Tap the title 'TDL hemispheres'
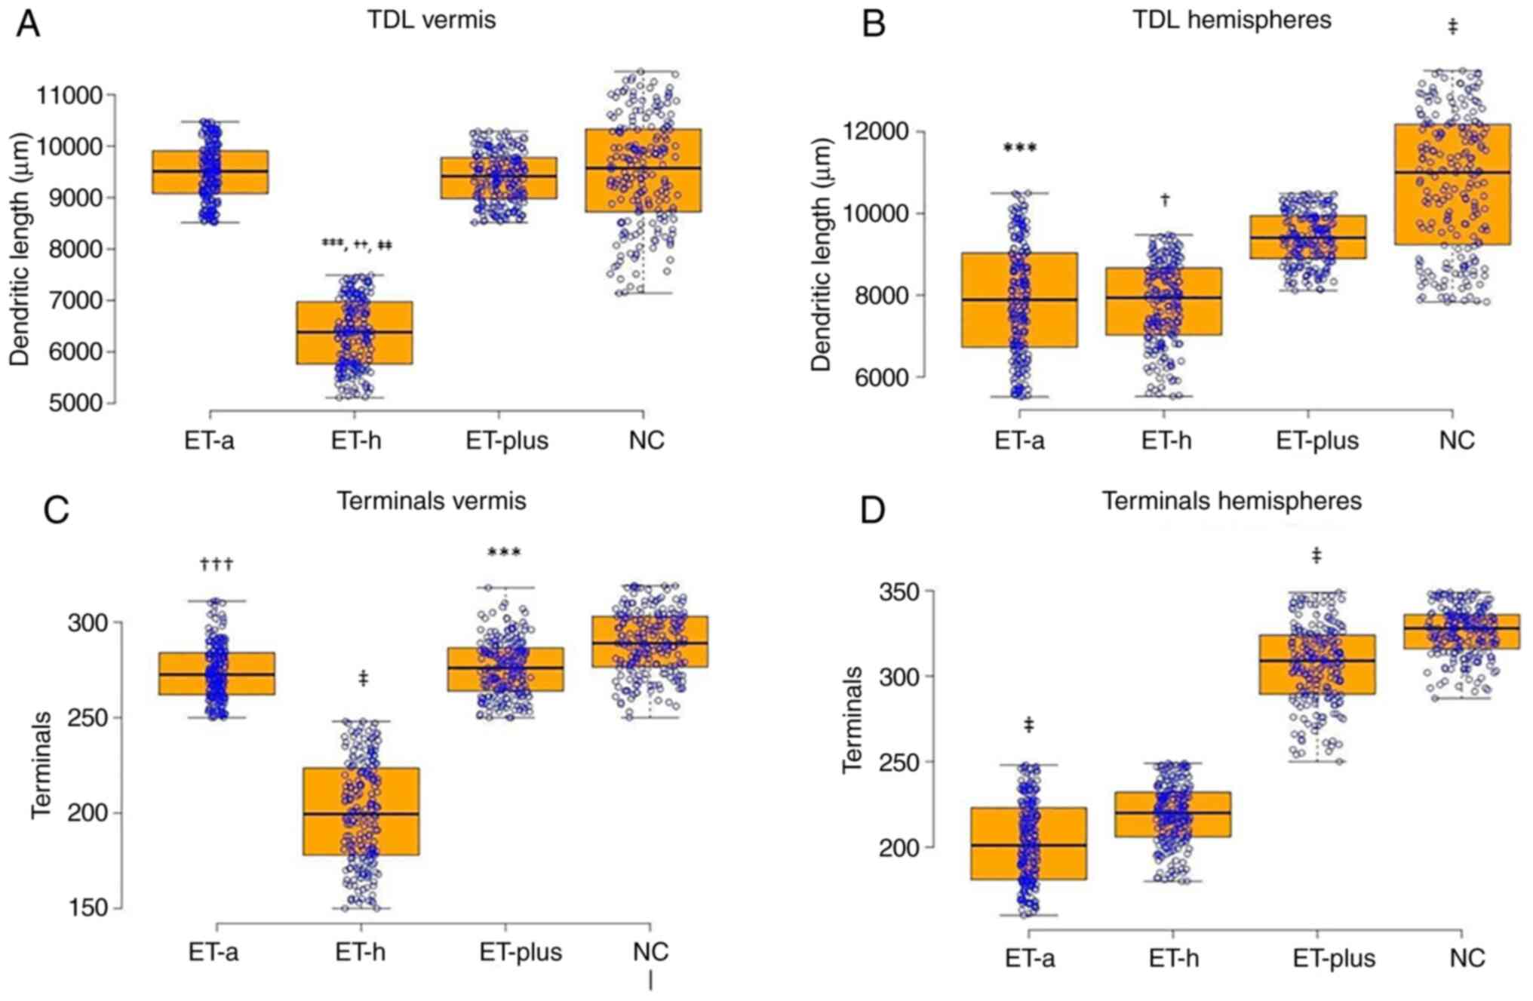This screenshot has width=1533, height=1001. pyautogui.click(x=1231, y=20)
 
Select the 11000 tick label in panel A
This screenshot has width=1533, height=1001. pyautogui.click(x=69, y=96)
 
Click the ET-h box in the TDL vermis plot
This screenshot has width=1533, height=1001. pyautogui.click(x=355, y=333)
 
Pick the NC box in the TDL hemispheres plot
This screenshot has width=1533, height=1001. pyautogui.click(x=1452, y=184)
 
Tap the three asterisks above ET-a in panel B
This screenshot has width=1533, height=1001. pyautogui.click(x=1019, y=148)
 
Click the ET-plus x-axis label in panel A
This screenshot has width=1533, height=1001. pyautogui.click(x=507, y=441)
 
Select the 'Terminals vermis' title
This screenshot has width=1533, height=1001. pyautogui.click(x=431, y=501)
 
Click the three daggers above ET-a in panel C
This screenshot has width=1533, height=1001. pyautogui.click(x=217, y=563)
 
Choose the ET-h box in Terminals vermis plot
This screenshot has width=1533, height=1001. pyautogui.click(x=361, y=812)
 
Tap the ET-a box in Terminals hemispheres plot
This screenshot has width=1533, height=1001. pyautogui.click(x=1028, y=843)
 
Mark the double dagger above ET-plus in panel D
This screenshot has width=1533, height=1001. pyautogui.click(x=1316, y=556)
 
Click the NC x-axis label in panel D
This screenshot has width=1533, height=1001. pyautogui.click(x=1467, y=958)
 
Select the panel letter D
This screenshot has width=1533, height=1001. pyautogui.click(x=873, y=511)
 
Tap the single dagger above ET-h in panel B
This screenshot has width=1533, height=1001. pyautogui.click(x=1165, y=200)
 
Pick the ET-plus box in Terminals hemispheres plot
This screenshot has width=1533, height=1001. pyautogui.click(x=1316, y=665)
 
